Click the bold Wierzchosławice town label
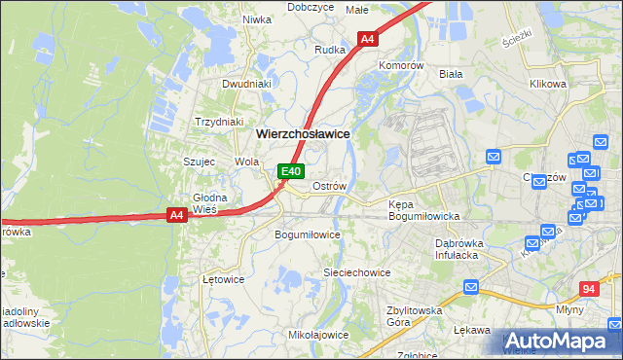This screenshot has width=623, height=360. (302, 133)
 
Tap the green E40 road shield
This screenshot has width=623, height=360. (289, 171)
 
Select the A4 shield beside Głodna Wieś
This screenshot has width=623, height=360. (176, 216)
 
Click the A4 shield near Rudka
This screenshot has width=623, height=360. (367, 40)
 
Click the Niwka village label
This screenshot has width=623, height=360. (256, 18)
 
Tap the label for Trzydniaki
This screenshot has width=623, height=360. (218, 122)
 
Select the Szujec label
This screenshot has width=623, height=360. (199, 162)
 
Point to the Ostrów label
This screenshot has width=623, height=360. (329, 186)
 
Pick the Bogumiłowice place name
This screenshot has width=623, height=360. (308, 234)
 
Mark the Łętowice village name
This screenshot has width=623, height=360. (223, 278)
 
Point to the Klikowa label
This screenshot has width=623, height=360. (547, 84)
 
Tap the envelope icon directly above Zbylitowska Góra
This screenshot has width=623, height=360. (470, 288)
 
